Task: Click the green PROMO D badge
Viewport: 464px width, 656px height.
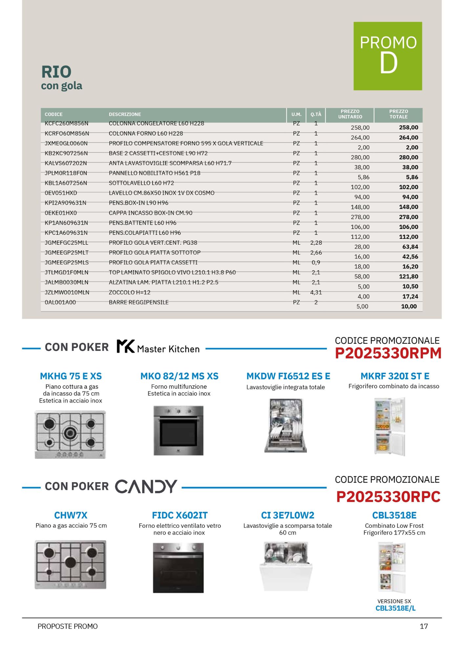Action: (388, 56)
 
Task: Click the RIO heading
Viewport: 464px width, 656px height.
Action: (56, 72)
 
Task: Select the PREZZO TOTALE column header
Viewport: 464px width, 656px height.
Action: (398, 114)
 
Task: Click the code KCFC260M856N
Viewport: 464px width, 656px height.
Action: (67, 123)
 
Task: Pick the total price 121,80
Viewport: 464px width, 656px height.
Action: (409, 277)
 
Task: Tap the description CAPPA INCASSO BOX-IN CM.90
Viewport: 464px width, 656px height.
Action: (151, 213)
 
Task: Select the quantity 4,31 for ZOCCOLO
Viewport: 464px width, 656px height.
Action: (316, 292)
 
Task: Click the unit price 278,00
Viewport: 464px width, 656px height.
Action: (360, 217)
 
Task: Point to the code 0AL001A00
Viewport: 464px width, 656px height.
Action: (60, 302)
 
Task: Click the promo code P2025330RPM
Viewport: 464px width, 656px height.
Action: (388, 353)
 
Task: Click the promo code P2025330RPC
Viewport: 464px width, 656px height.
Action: (388, 497)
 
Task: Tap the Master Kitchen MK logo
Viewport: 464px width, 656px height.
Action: (126, 346)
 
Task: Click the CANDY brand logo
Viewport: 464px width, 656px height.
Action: (146, 486)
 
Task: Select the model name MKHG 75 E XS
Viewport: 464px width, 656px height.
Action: (71, 376)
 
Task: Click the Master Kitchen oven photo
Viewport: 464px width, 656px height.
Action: (179, 430)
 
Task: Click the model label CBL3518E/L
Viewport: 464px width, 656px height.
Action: (395, 608)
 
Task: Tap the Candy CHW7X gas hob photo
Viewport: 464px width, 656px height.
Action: (71, 564)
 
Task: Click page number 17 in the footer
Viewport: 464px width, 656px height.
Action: (424, 626)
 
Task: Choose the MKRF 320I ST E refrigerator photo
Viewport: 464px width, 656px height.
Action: (390, 426)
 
